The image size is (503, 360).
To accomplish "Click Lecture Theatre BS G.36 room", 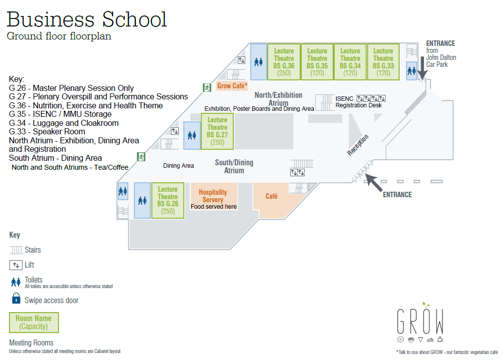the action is click(284, 62).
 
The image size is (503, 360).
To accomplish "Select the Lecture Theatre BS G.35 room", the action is click(317, 62).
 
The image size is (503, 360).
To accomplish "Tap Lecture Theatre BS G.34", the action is click(350, 62).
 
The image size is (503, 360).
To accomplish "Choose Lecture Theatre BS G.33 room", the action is click(383, 62).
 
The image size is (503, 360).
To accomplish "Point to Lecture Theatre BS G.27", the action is click(217, 131).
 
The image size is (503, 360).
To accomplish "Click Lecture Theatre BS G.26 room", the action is click(168, 200).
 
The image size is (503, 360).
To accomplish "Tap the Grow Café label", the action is click(232, 86).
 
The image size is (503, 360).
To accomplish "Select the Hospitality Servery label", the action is click(213, 196).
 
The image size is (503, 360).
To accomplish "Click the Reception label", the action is click(358, 145).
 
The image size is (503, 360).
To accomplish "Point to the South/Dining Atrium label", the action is click(234, 166).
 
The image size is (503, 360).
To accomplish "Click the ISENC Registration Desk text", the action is click(358, 102).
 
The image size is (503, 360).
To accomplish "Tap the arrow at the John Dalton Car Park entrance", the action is click(423, 68).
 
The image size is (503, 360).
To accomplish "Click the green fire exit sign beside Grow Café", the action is click(207, 87).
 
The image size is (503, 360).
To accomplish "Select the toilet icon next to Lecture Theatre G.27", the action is click(192, 135).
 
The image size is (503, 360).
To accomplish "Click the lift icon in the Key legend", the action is click(15, 265).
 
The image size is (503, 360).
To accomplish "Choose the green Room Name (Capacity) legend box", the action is click(34, 323).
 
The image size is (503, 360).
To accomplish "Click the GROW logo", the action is click(420, 322).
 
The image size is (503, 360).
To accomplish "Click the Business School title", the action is click(86, 19).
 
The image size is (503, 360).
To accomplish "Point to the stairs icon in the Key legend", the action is click(16, 250).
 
